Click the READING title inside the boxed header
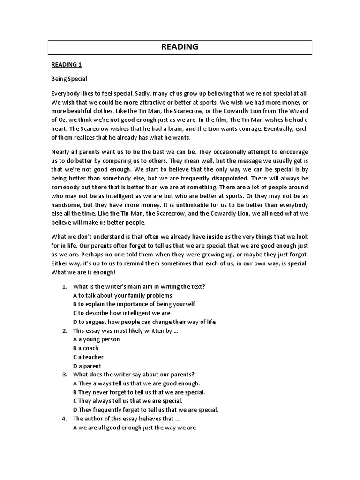click(180, 47)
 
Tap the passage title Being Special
click(69, 79)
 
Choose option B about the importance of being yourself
click(134, 304)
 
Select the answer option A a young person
click(97, 339)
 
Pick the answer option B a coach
click(86, 348)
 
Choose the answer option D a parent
click(87, 366)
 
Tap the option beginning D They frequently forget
click(146, 410)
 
